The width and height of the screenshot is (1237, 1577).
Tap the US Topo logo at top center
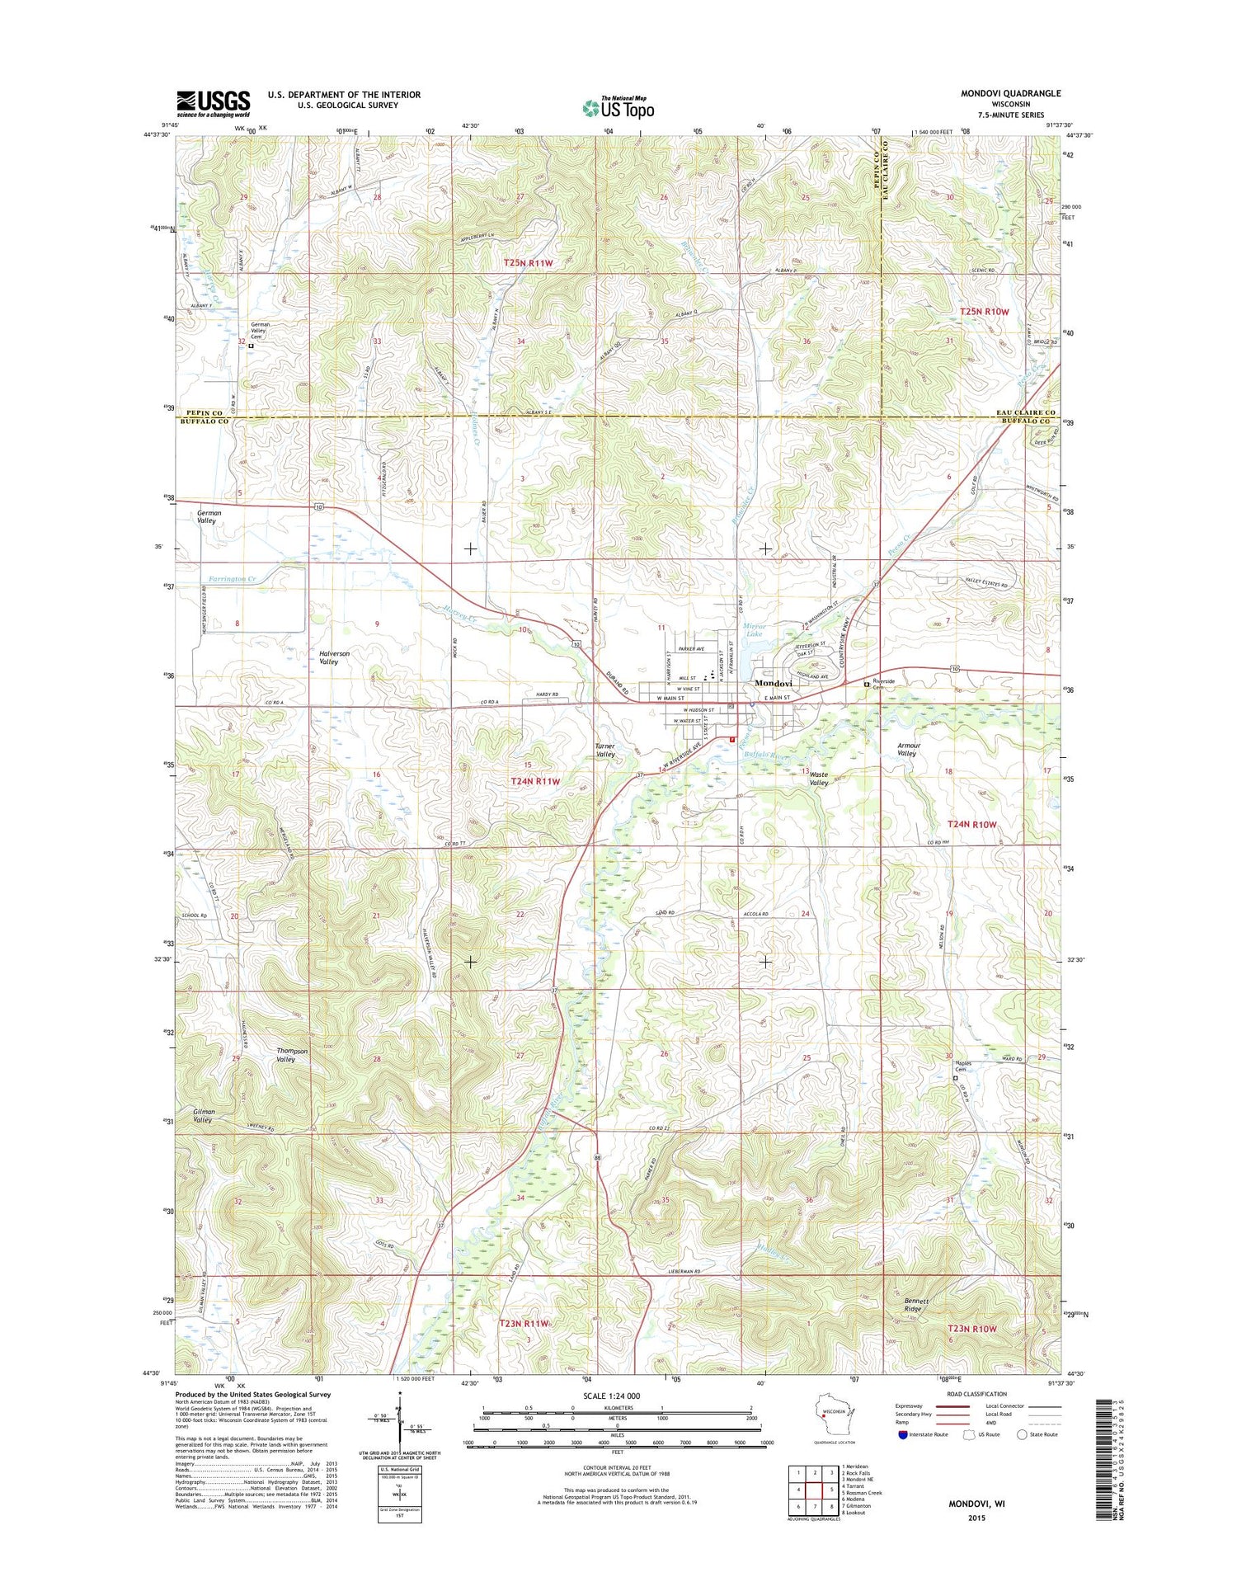pyautogui.click(x=618, y=107)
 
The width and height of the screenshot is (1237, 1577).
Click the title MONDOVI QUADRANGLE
pyautogui.click(x=1010, y=93)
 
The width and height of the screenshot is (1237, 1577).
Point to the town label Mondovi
pyautogui.click(x=774, y=684)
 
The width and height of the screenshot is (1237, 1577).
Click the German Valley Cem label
pyautogui.click(x=261, y=330)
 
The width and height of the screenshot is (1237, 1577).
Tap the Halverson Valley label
pyautogui.click(x=334, y=657)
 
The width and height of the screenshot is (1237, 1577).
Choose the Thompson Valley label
pyautogui.click(x=292, y=1055)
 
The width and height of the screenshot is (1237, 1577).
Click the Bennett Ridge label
pyautogui.click(x=915, y=1304)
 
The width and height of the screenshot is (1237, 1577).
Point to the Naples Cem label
pyautogui.click(x=963, y=1066)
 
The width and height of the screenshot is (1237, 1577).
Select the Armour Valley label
pyautogui.click(x=907, y=749)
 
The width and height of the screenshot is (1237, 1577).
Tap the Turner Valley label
pyautogui.click(x=605, y=750)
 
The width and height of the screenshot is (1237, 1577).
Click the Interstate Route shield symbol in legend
pyautogui.click(x=903, y=1434)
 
